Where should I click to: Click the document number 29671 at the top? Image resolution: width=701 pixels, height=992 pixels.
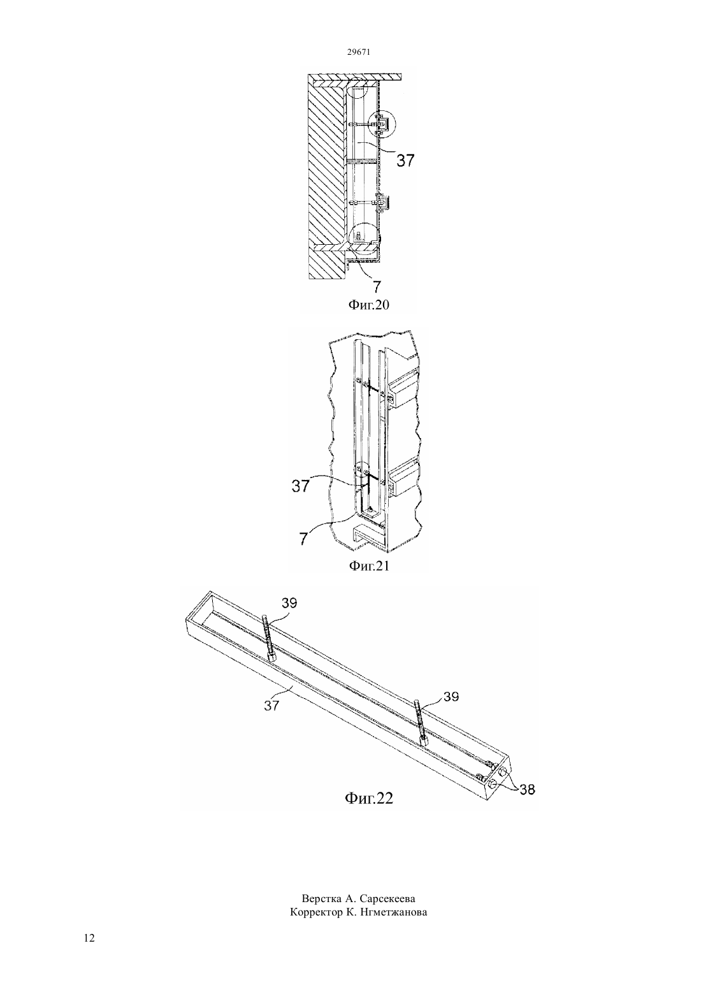pos(358,52)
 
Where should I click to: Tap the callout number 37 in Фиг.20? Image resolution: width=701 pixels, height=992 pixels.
pos(405,160)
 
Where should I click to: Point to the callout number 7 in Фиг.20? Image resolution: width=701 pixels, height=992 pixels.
pos(376,287)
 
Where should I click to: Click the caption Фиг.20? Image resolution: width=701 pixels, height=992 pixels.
pos(369,305)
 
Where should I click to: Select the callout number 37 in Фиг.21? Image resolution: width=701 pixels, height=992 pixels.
pos(301,486)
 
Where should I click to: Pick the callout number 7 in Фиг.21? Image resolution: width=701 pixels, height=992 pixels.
pos(303,539)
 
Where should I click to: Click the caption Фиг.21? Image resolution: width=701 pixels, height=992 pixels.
pos(369,565)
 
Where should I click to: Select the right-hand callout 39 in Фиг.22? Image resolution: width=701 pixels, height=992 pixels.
pos(451,696)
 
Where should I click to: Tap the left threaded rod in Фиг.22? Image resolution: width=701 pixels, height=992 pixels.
pos(269,639)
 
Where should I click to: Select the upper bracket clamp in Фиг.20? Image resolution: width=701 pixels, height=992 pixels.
pos(383,124)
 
